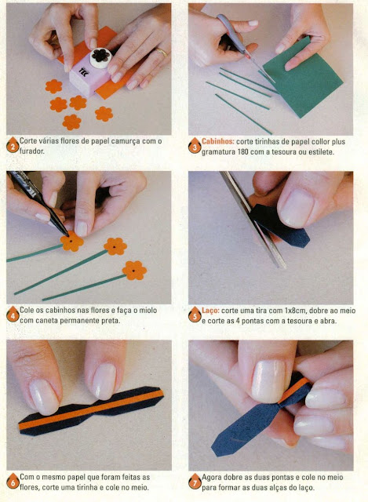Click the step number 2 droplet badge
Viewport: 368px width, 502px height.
(x=13, y=145)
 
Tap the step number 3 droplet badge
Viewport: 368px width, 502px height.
(x=195, y=146)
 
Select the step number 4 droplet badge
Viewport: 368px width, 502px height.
(x=13, y=315)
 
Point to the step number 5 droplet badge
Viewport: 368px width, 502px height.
(x=195, y=315)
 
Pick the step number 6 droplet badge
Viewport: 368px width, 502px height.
(x=13, y=481)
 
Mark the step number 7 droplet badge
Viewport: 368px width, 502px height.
(x=195, y=482)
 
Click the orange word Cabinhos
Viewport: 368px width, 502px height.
(x=218, y=141)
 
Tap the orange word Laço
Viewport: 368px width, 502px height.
(x=210, y=311)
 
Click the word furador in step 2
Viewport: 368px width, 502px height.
(x=31, y=151)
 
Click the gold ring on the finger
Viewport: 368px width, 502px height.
(x=161, y=52)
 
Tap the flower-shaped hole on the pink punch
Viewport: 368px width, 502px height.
(x=100, y=56)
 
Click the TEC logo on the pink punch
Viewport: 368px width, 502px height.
(x=83, y=70)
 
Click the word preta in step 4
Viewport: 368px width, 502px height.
(x=111, y=320)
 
